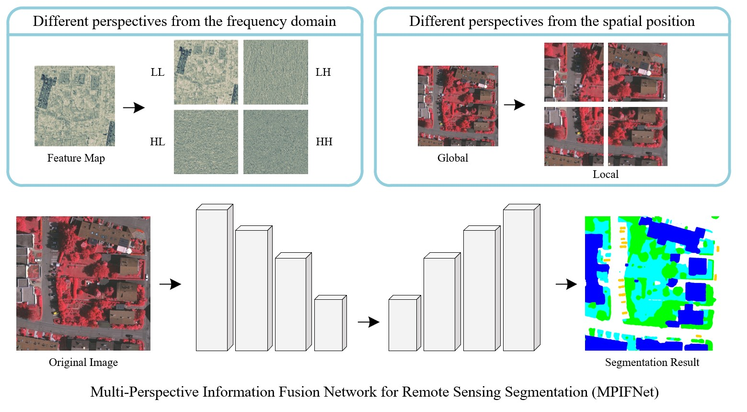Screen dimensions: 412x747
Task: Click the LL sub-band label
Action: click(x=157, y=72)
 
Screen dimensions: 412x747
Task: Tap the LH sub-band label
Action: click(x=323, y=72)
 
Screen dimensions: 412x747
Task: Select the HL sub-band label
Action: click(x=157, y=142)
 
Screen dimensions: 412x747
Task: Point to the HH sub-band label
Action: click(x=324, y=142)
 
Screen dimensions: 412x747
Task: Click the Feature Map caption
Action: click(x=76, y=158)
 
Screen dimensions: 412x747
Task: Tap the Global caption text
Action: click(x=452, y=158)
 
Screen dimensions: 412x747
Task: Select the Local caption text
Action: click(x=605, y=175)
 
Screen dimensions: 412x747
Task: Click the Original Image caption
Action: click(x=83, y=363)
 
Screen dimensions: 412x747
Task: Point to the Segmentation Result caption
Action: click(x=652, y=363)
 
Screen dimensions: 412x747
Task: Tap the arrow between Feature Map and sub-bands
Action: click(x=134, y=107)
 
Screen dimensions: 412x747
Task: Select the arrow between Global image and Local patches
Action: click(x=515, y=105)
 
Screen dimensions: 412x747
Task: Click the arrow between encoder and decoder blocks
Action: click(x=368, y=322)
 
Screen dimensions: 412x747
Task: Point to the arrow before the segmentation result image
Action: click(x=566, y=284)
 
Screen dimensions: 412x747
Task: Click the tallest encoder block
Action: click(x=212, y=280)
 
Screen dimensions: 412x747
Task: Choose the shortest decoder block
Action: click(x=403, y=325)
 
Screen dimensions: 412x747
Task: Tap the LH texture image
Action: click(x=276, y=72)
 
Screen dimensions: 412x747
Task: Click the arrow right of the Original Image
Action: click(x=170, y=284)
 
